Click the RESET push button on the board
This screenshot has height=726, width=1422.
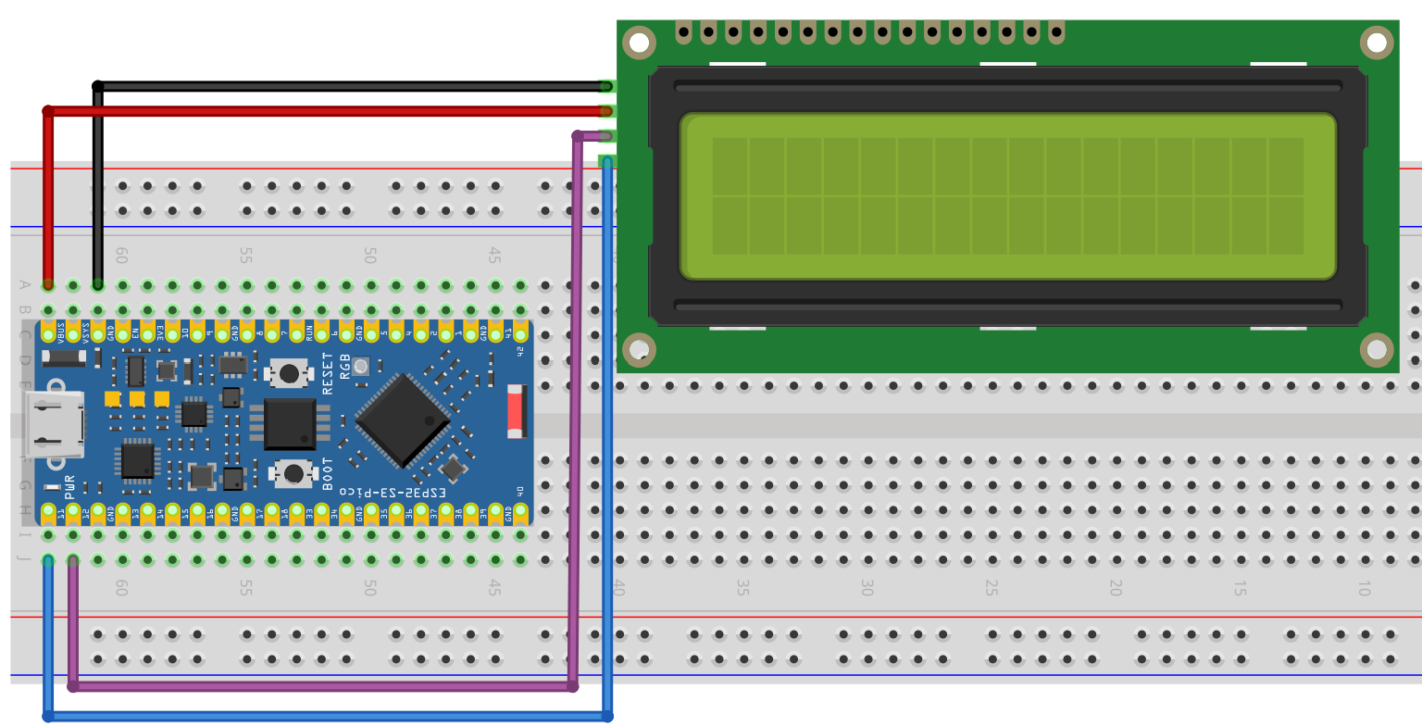coord(289,373)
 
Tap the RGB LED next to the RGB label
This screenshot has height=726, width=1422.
coord(361,366)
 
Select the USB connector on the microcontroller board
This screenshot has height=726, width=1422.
coord(56,426)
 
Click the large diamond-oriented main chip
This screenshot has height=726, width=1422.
coord(403,419)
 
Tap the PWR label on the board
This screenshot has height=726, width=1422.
coord(69,489)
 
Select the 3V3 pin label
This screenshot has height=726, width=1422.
coord(160,331)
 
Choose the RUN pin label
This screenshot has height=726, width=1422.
coord(296,331)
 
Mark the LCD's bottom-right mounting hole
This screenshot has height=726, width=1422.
coord(1376,349)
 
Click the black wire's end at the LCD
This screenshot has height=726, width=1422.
coord(606,86)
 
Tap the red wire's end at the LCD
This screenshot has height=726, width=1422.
coord(606,111)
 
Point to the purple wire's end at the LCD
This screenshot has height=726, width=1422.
coord(606,136)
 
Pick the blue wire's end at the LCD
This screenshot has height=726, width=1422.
coord(606,162)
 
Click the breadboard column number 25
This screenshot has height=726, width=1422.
coord(991,588)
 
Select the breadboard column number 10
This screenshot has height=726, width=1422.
coord(1363,588)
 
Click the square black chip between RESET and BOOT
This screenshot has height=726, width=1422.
coord(290,423)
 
